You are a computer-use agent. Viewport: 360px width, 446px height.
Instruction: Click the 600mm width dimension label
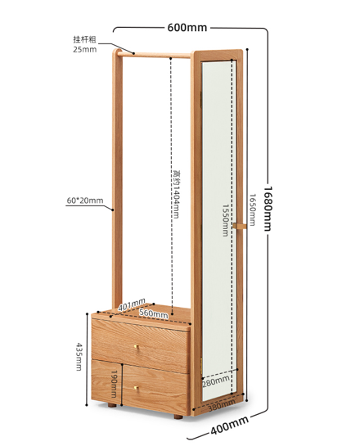187,28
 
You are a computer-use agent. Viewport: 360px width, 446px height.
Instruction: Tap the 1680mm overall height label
268,208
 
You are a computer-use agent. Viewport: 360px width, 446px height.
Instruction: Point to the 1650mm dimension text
252,209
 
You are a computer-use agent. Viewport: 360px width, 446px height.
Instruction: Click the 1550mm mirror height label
225,220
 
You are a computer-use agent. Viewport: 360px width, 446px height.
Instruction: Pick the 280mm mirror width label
216,381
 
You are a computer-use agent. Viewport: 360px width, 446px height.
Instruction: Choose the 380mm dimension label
222,405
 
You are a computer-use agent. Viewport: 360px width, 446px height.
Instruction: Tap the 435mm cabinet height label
79,357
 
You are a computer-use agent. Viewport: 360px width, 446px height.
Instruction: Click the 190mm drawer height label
114,384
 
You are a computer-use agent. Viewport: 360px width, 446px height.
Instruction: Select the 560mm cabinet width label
153,313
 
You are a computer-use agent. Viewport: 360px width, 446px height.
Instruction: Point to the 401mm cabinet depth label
132,304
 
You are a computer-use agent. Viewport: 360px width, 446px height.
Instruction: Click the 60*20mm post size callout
85,200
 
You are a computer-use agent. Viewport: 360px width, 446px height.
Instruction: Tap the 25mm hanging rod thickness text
85,49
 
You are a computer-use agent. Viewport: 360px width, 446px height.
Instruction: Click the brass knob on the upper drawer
136,346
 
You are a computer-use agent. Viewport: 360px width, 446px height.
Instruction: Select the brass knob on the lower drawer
136,388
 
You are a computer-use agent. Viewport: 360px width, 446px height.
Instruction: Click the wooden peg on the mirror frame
240,226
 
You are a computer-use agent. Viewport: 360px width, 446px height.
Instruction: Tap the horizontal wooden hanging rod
154,54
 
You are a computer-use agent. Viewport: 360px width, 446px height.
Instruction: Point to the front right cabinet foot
178,417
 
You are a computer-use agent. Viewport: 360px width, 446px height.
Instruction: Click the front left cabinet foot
112,405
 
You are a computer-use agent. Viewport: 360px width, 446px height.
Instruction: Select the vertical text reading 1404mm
177,195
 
